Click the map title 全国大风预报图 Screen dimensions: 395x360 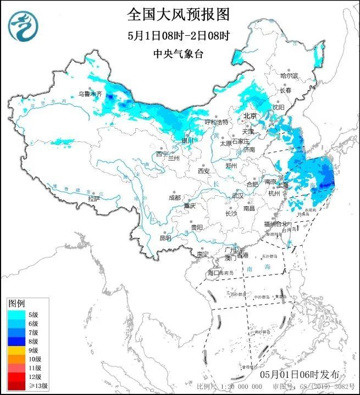click(x=179, y=13)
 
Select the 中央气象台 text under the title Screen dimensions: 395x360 click(x=179, y=54)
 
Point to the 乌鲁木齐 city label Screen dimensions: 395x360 click(x=90, y=94)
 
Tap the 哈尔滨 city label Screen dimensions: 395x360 click(x=289, y=75)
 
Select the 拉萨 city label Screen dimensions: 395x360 click(x=94, y=198)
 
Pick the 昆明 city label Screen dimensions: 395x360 click(x=165, y=238)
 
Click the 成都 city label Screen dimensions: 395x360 click(x=174, y=197)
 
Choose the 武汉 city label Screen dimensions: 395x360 click(x=237, y=195)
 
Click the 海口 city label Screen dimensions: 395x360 click(x=213, y=273)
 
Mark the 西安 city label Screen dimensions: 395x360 click(x=204, y=171)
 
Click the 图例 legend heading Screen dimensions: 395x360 click(x=16, y=303)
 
